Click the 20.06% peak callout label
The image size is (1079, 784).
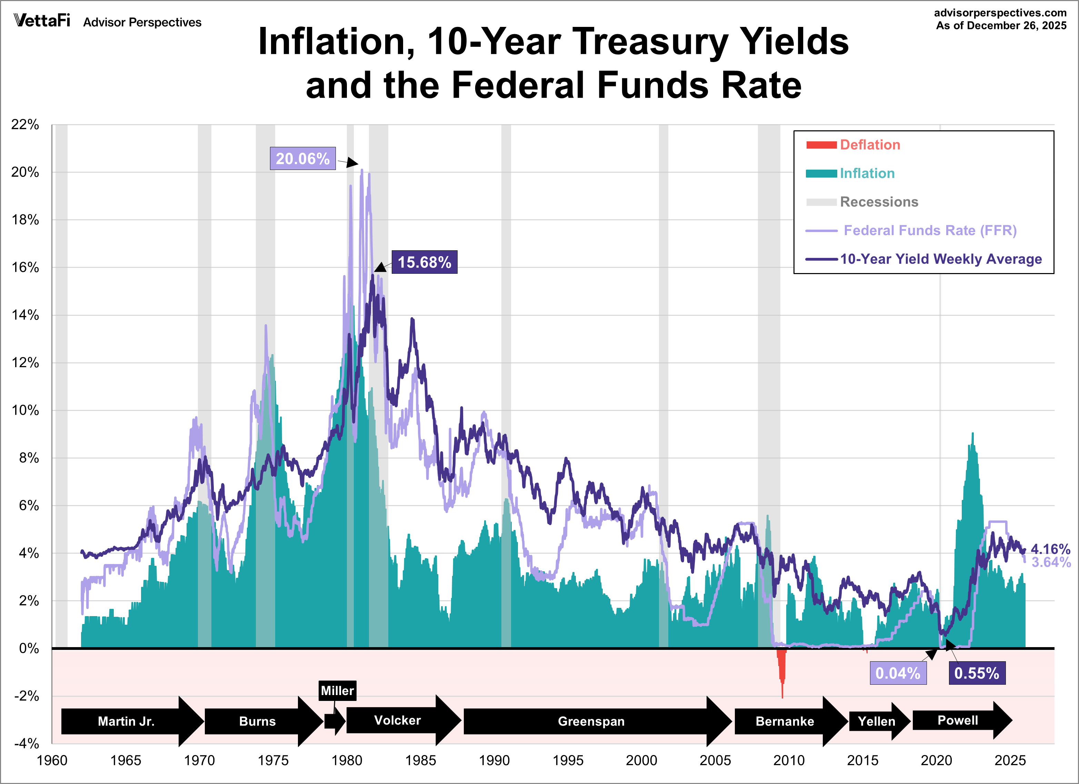coord(302,158)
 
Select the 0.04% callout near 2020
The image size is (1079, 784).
coord(898,673)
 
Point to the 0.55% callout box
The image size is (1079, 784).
coord(977,673)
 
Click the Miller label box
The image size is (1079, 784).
coord(337,691)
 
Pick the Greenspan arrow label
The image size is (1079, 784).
coord(591,721)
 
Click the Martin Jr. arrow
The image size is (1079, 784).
coord(126,721)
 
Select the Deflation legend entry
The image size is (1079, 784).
coord(870,144)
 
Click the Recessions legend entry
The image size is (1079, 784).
coord(879,202)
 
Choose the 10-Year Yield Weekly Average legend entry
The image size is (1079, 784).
coord(941,259)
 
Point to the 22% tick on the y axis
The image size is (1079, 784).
coord(25,125)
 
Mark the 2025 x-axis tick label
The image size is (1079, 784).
coord(1010,760)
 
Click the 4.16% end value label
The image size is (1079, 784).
coord(1050,549)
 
